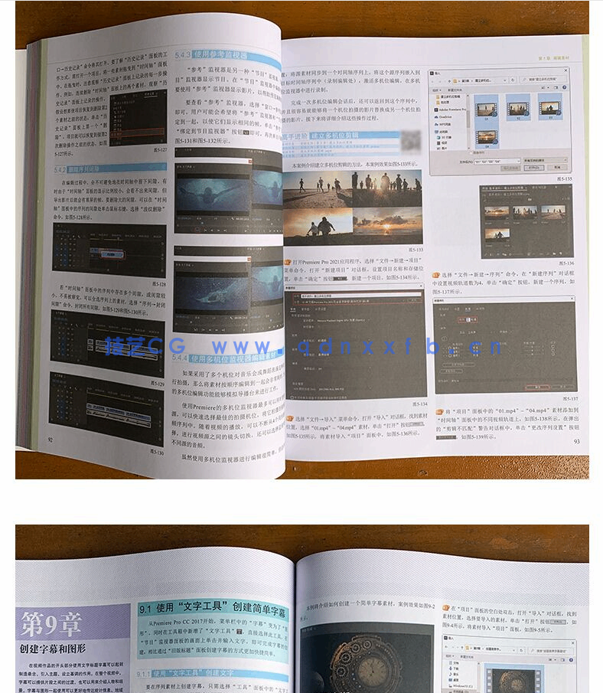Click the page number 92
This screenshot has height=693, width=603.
51,439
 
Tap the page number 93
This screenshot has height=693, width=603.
576,440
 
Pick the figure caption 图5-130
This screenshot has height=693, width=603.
156,453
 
